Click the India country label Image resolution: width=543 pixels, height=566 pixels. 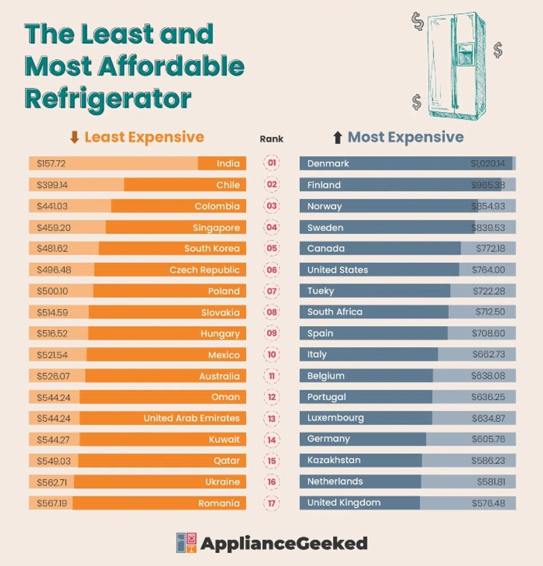tap(228, 164)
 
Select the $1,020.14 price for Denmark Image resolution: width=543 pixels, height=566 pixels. tap(488, 164)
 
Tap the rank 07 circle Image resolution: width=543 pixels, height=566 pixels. tap(271, 291)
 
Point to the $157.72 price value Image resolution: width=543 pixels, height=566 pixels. tap(51, 164)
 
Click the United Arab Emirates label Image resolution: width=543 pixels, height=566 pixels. tap(191, 418)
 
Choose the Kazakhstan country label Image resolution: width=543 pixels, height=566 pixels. tap(334, 460)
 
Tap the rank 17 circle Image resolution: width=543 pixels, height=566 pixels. tap(271, 503)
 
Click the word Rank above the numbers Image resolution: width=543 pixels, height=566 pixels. tap(271, 139)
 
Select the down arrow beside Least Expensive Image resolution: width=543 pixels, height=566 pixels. tap(74, 137)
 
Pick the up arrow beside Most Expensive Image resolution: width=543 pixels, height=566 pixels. tap(338, 137)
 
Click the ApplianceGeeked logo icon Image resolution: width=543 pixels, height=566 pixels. tap(187, 543)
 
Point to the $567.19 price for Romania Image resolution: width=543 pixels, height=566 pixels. tap(51, 503)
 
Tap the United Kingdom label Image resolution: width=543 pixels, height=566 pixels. tap(344, 503)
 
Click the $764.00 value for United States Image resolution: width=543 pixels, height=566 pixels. tap(489, 270)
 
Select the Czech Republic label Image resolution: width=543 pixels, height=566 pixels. tap(204, 270)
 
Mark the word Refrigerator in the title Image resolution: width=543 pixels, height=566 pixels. tap(108, 98)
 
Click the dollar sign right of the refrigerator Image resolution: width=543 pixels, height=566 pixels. tap(498, 50)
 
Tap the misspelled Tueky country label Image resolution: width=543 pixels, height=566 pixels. tap(321, 291)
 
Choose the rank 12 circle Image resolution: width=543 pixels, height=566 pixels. tap(271, 397)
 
